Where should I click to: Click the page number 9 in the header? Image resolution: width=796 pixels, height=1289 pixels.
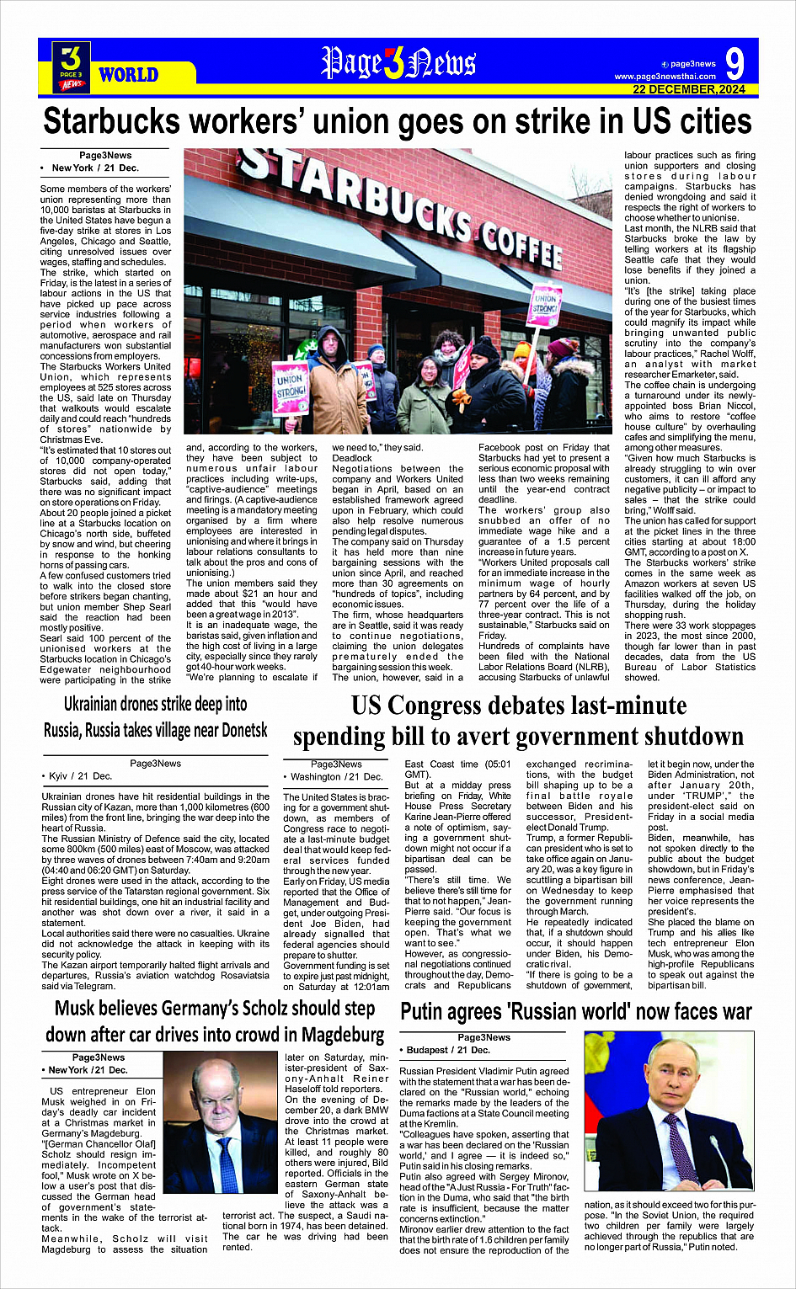[734, 63]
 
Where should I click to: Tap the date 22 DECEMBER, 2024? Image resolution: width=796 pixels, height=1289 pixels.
[689, 89]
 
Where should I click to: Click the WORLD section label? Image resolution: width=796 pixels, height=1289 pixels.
[129, 75]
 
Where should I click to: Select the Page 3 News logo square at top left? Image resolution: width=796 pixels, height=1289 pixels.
[72, 66]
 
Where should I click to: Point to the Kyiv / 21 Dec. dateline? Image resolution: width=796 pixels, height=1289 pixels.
[80, 776]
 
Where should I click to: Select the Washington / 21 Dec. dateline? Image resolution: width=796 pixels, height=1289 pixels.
[337, 776]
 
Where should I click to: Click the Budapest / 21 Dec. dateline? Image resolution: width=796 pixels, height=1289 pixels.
[448, 1050]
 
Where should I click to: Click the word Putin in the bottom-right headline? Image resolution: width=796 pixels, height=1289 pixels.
[427, 1011]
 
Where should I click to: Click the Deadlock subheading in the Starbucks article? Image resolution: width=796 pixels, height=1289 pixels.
[352, 458]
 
